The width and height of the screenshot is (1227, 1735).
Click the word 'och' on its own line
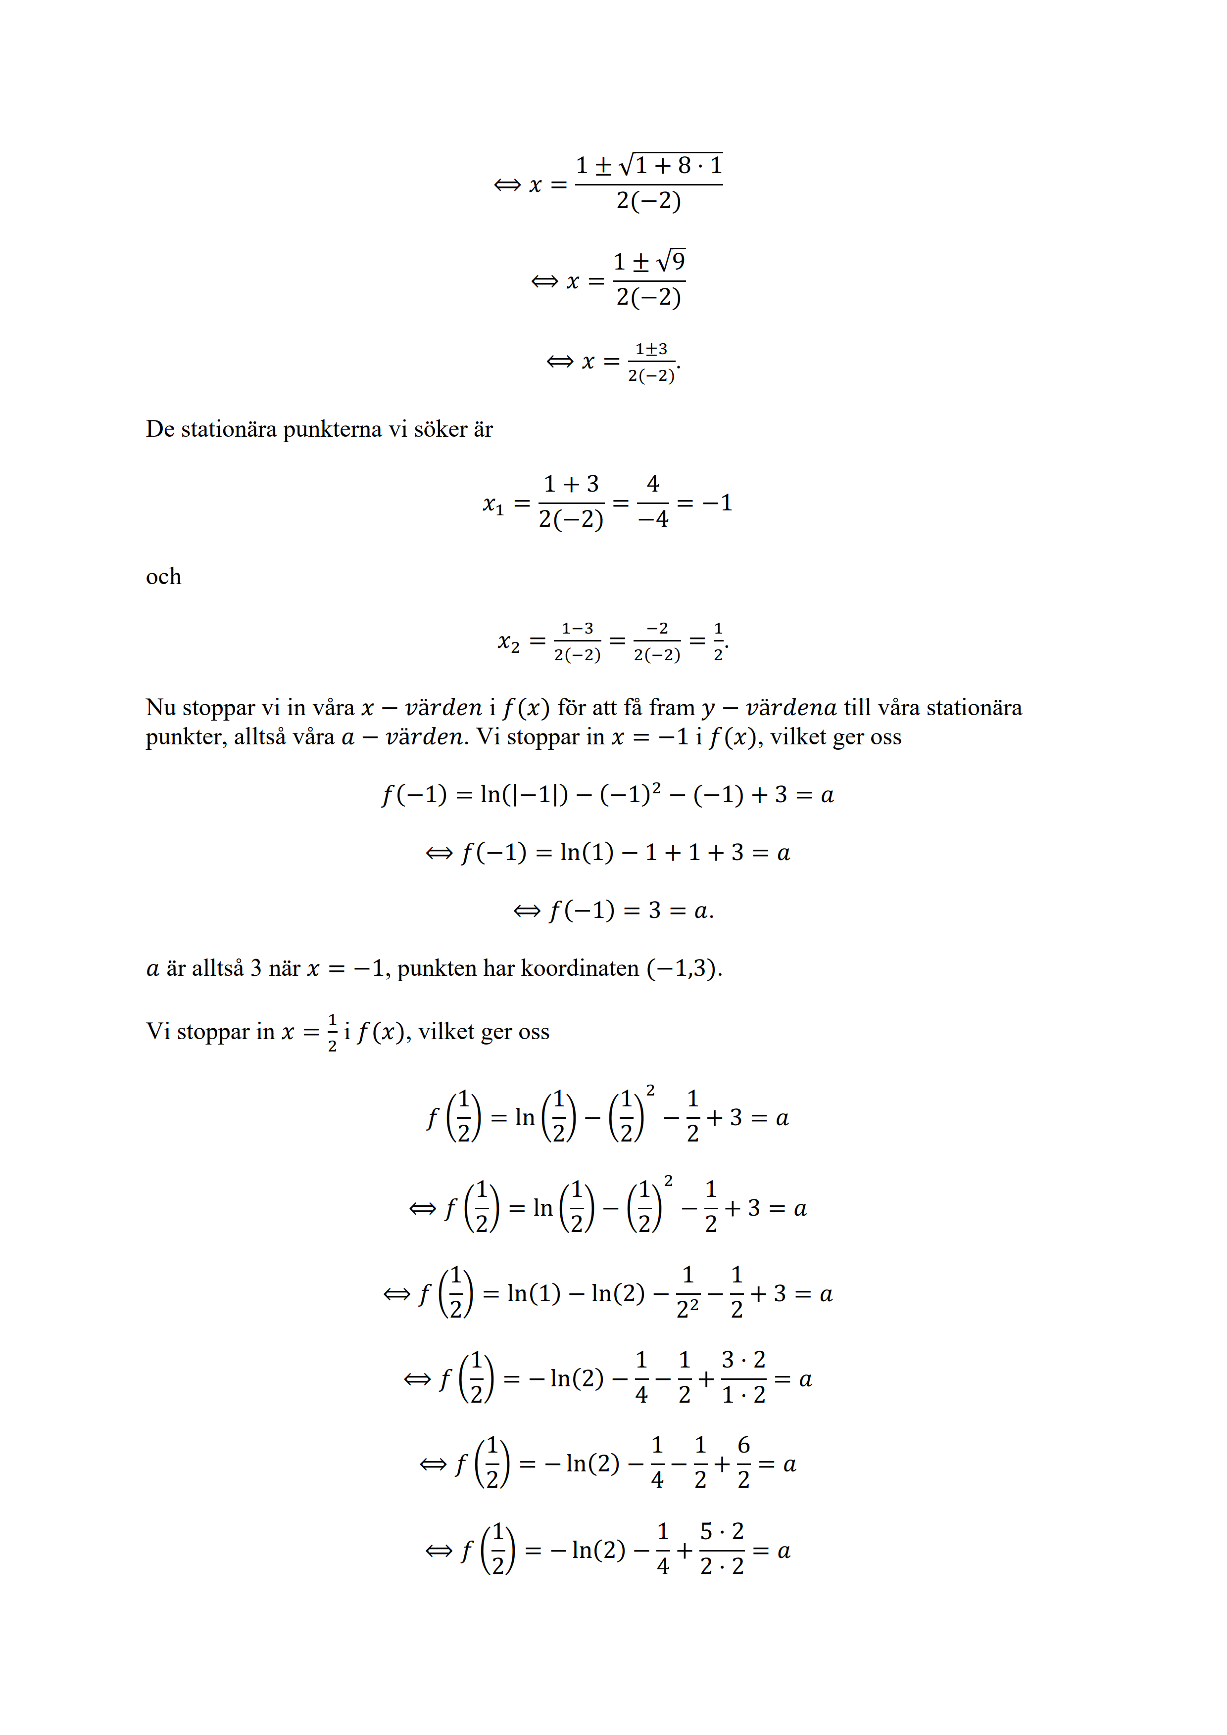click(163, 577)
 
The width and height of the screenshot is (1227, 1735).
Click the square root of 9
click(671, 262)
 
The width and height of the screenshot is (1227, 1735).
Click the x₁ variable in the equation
click(493, 504)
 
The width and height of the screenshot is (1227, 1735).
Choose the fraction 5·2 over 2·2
click(722, 1549)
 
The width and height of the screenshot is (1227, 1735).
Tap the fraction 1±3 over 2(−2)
click(651, 362)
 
